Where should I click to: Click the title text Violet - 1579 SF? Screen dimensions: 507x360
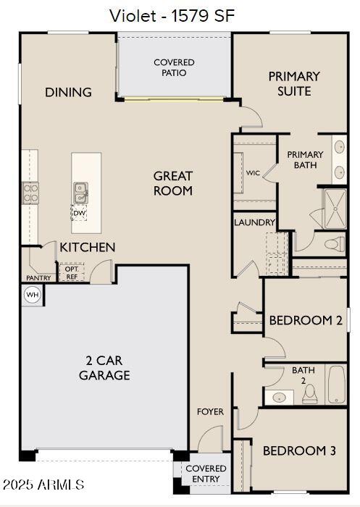172,16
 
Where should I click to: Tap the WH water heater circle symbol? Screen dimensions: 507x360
32,295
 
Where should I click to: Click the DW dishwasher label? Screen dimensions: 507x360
80,214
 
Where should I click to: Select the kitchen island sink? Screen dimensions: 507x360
80,193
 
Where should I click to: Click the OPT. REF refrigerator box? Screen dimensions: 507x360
72,272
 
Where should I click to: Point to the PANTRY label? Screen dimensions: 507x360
38,277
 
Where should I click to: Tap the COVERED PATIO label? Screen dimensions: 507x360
174,67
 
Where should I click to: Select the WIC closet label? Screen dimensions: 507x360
253,173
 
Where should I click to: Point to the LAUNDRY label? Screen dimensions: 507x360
254,222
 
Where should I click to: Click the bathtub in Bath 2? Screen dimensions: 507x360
337,384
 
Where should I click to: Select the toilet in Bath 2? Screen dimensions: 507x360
309,393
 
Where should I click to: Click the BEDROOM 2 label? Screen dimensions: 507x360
305,320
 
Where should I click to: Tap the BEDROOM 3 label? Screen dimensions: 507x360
298,451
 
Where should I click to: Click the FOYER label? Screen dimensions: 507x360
211,411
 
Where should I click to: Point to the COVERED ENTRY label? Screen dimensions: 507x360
206,474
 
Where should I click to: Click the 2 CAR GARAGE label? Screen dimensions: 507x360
104,368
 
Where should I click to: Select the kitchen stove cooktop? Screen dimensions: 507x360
31,193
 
